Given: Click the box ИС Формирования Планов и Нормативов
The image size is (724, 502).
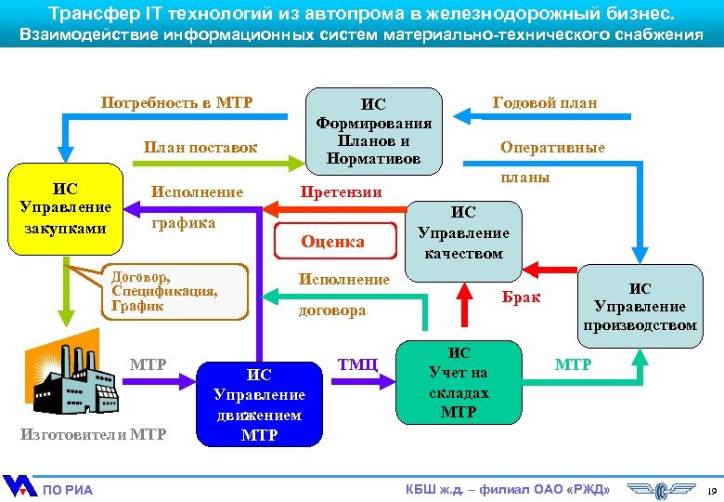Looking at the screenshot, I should click(x=374, y=130).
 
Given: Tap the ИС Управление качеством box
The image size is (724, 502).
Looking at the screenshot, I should click(x=463, y=232).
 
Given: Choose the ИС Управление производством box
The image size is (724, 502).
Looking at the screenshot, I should click(x=640, y=306).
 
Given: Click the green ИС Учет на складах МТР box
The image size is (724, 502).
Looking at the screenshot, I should click(x=459, y=381).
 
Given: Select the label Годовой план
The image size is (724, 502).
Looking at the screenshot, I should click(x=545, y=102).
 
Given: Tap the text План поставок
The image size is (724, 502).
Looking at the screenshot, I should click(x=200, y=147).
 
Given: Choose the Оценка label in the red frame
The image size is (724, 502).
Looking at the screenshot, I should click(x=332, y=242).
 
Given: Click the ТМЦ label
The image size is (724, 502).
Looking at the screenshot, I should click(x=357, y=363).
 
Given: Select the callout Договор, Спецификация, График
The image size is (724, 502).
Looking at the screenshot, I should click(x=164, y=291).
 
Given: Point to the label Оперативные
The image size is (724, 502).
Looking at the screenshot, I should click(x=552, y=147).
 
